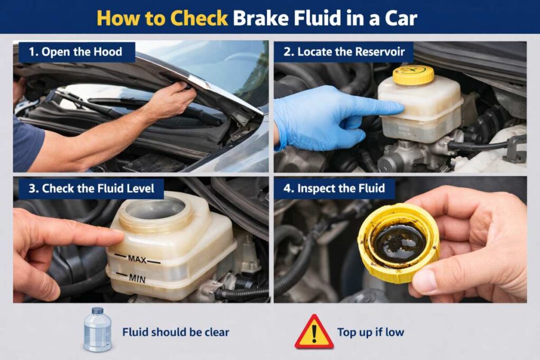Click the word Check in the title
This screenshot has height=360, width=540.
coord(199,18)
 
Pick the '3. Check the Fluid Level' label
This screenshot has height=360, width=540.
coord(91,188)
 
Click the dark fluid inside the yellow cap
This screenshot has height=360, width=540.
coord(399,242)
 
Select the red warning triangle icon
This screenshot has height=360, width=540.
coord(314,333)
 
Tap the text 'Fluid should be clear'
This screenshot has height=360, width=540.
coord(176,333)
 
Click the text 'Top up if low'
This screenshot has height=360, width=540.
coord(371,333)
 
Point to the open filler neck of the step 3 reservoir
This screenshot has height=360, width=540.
coord(156,209)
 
